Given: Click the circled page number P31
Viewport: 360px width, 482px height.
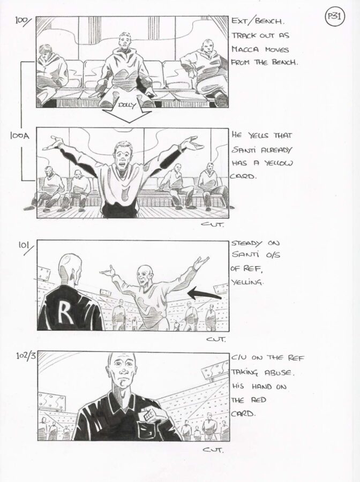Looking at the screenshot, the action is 334,17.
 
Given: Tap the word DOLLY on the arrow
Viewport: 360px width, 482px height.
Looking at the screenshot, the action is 126,106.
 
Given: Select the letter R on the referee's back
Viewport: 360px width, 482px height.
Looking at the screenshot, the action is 65,312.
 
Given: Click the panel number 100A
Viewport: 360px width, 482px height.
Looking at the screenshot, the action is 19,135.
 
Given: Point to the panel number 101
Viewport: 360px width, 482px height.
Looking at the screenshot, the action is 25,246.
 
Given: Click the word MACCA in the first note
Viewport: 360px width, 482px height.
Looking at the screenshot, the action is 245,49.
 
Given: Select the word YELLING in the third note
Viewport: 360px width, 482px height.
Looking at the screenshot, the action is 247,282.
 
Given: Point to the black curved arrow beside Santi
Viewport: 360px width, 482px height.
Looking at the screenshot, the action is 204,293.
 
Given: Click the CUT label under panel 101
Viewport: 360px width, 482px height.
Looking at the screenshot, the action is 216,340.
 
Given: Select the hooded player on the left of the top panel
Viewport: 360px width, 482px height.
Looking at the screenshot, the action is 51,74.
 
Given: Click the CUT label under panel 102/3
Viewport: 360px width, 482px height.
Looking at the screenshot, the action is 213,450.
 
